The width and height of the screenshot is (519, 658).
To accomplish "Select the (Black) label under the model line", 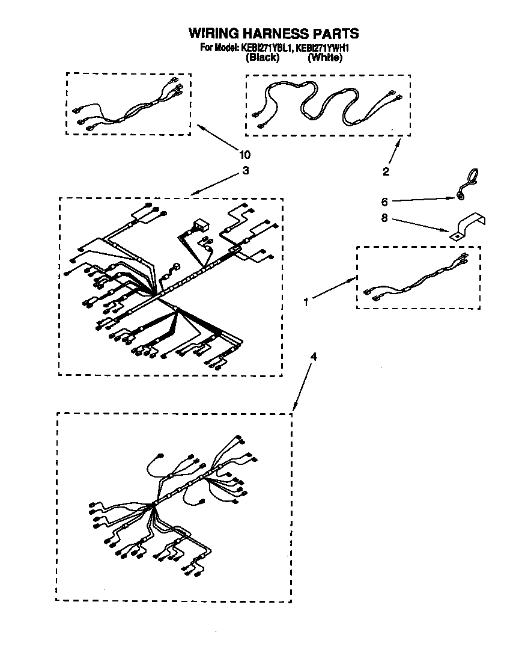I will (263, 58).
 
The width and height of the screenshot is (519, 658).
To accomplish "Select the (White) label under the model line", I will (325, 58).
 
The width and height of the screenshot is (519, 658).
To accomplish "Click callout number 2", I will (386, 171).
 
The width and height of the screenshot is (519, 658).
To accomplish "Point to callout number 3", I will (245, 170).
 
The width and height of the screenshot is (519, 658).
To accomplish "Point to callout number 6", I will (384, 201).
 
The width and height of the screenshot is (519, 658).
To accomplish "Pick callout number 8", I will (384, 220).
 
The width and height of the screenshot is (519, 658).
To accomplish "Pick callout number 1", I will (306, 303).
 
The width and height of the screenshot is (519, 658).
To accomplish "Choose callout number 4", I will (313, 357).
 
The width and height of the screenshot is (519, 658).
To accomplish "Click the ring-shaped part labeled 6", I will (467, 182).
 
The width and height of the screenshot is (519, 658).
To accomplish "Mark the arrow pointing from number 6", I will (423, 198).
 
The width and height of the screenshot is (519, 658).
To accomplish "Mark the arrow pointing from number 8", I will (420, 225).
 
